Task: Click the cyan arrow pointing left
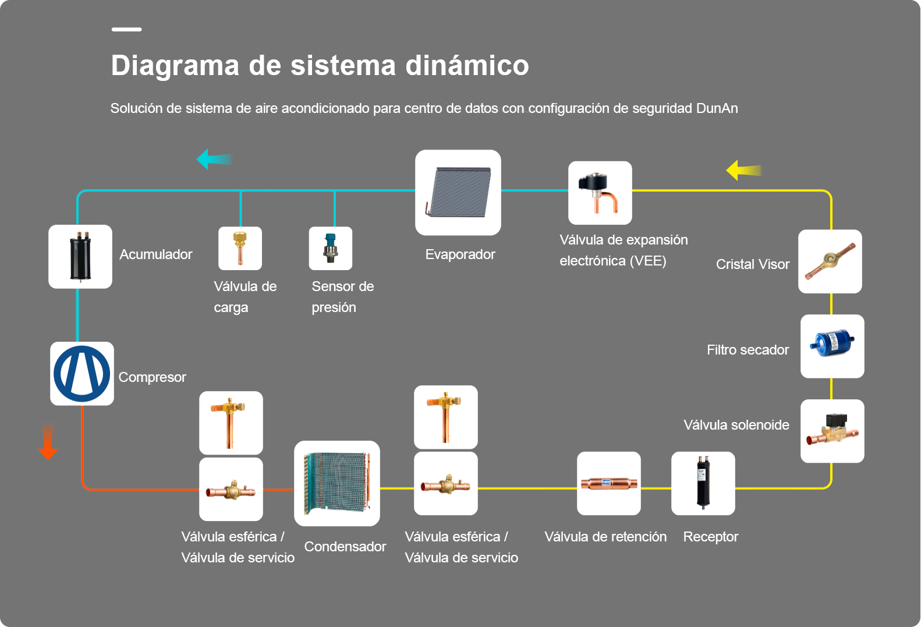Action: pos(214,159)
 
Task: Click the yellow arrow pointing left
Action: pos(743,170)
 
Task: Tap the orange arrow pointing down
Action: pos(48,442)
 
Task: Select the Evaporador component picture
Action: pos(458,193)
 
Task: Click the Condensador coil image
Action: pos(337,484)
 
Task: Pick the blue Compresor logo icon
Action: pos(82,374)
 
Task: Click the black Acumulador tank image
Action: pos(80,257)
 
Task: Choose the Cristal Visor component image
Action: pos(830,261)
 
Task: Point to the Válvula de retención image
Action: pos(609,484)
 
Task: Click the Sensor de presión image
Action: pos(331,249)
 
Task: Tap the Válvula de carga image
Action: pos(240,249)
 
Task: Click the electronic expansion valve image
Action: pos(600,193)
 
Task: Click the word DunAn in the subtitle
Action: pos(717,108)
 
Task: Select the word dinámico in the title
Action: pos(467,65)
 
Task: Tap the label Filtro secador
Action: pos(748,350)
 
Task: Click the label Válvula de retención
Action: pos(605,537)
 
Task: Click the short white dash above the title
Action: pos(127,29)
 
